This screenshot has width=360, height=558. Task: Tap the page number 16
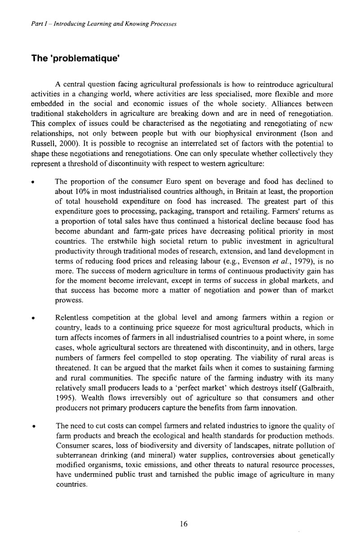tap(183, 524)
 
